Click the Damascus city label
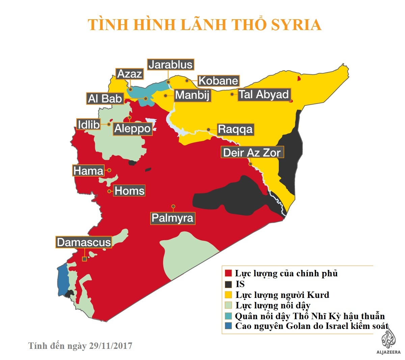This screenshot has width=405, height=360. [x=84, y=242]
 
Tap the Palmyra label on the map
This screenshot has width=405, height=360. [x=172, y=218]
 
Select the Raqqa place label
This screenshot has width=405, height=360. [x=235, y=129]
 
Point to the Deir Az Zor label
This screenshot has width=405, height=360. [x=252, y=153]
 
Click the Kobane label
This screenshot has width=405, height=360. [x=218, y=81]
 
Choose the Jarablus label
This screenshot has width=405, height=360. [x=170, y=65]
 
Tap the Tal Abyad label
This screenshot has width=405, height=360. [x=264, y=94]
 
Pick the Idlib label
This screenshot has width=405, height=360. [x=88, y=125]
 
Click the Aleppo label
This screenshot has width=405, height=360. [x=132, y=129]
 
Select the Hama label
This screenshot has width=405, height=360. [x=88, y=171]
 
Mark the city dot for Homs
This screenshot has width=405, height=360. [x=109, y=191]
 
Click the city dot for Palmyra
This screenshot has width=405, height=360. [x=173, y=206]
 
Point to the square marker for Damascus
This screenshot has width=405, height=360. [x=84, y=259]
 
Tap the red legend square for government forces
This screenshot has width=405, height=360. [x=228, y=273]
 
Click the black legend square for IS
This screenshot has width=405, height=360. [x=228, y=284]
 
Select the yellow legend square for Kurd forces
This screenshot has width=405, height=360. [x=228, y=295]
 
